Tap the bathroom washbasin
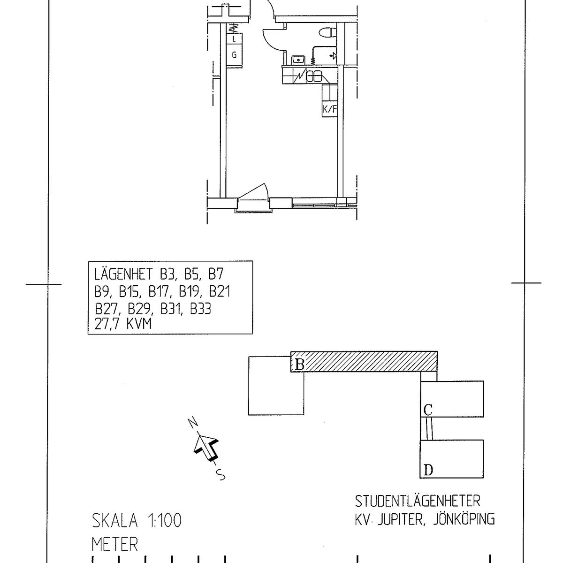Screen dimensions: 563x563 click(298, 60)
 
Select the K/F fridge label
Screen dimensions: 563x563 click(330, 109)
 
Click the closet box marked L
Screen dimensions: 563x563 click(234, 38)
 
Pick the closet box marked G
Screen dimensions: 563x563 click(234, 55)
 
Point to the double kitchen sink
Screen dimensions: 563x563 click(314, 76)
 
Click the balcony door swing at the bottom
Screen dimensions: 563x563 click(253, 192)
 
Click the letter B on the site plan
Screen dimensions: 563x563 click(299, 365)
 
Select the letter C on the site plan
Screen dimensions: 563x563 click(428, 410)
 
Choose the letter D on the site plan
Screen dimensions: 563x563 click(428, 479)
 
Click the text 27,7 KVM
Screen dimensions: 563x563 click(123, 324)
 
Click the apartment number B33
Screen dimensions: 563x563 click(200, 309)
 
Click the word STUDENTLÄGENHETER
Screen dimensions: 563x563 click(418, 502)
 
